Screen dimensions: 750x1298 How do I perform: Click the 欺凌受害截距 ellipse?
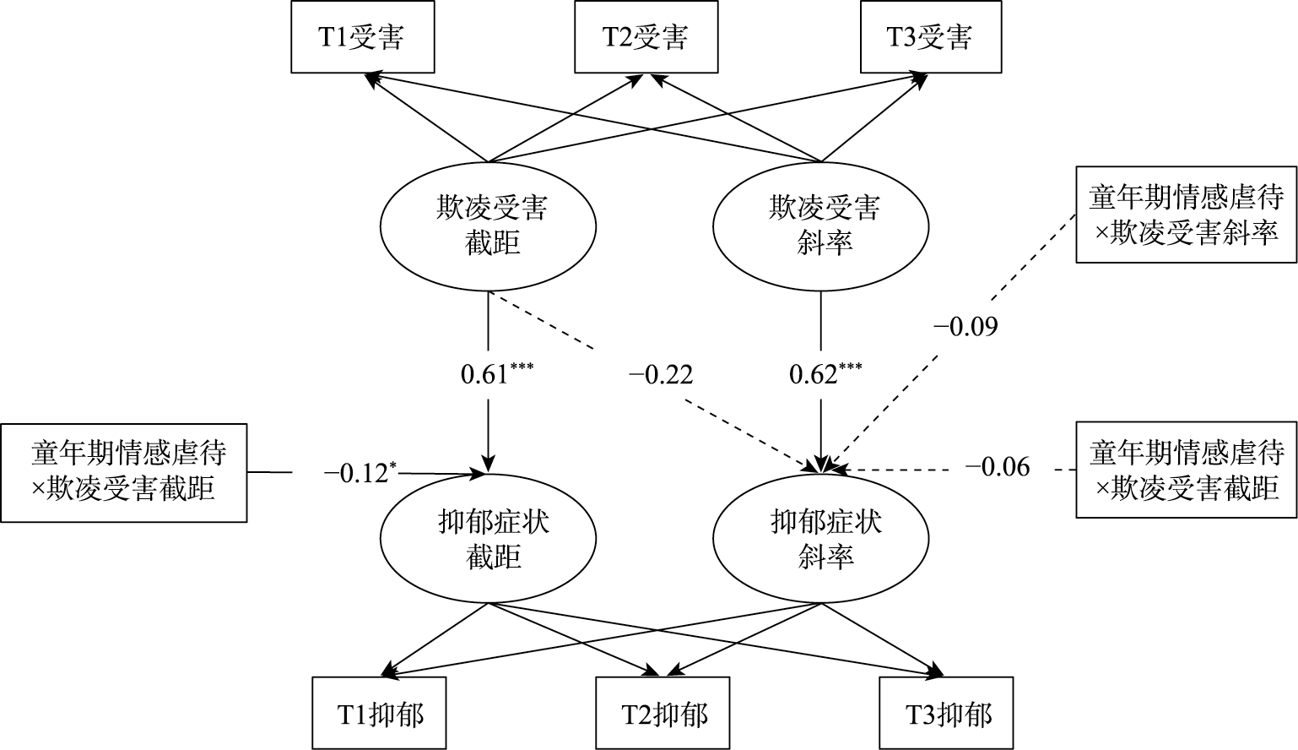pyautogui.click(x=489, y=226)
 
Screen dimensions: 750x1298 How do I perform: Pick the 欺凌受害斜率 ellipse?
pyautogui.click(x=822, y=226)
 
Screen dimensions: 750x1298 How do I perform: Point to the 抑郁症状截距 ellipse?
pyautogui.click(x=489, y=540)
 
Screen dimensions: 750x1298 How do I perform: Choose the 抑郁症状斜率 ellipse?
pyautogui.click(x=822, y=540)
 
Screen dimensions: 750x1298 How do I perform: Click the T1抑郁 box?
pyautogui.click(x=381, y=714)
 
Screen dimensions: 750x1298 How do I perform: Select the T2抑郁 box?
pyautogui.click(x=665, y=714)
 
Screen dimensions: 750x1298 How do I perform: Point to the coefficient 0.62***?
pyautogui.click(x=825, y=372)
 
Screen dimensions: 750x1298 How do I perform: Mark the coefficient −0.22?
pyautogui.click(x=661, y=373)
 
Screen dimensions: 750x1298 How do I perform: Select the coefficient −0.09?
pyautogui.click(x=965, y=326)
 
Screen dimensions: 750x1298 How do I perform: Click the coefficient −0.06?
pyautogui.click(x=998, y=466)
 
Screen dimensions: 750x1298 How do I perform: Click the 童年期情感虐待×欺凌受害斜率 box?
pyautogui.click(x=1186, y=215)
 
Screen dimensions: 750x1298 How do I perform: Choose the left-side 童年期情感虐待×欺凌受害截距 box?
pyautogui.click(x=124, y=472)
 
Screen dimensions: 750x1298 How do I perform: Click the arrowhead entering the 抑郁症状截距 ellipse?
pyautogui.click(x=489, y=467)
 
